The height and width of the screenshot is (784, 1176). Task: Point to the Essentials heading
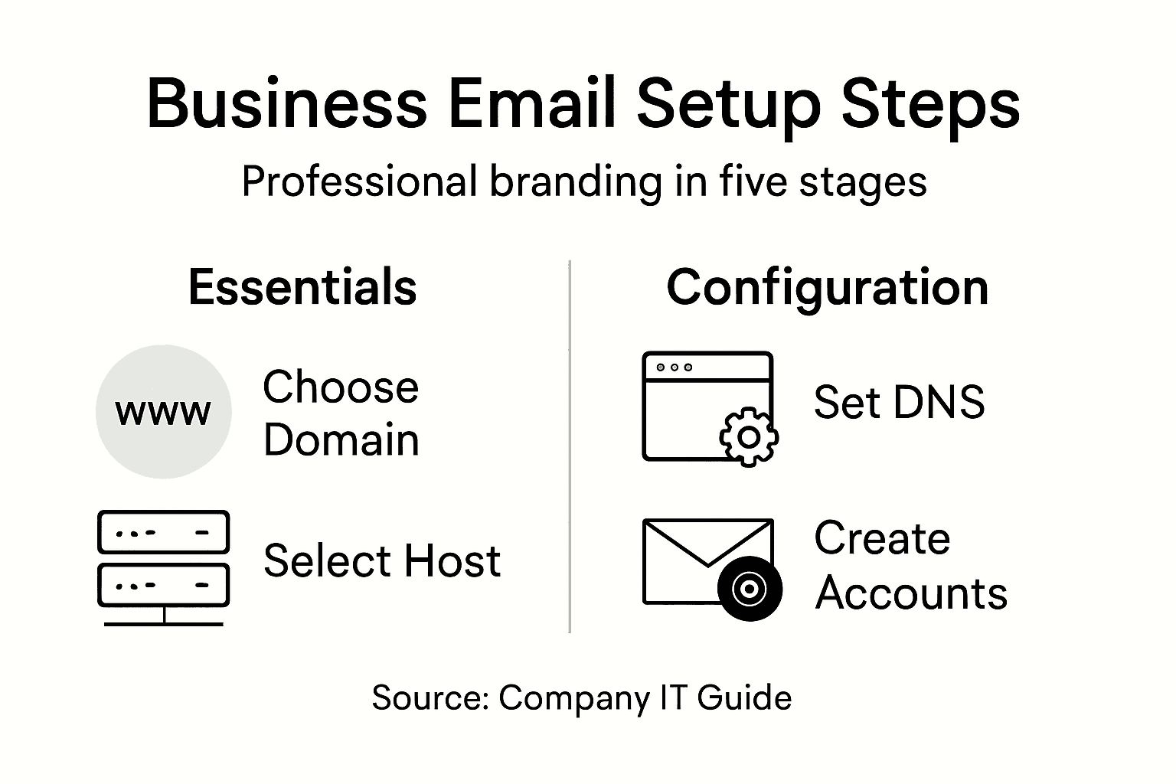coord(302,287)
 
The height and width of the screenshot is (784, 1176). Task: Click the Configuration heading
coord(827,287)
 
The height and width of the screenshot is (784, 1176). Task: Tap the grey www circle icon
coord(163,412)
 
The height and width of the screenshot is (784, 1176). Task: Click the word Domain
coord(341,440)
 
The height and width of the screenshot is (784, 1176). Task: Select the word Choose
coord(341,387)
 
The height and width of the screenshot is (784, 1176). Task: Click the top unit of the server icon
coord(163,532)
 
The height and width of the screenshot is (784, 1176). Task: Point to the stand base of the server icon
coord(163,623)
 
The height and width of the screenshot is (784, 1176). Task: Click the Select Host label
coord(381,560)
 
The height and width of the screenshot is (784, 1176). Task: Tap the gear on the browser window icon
coord(749,437)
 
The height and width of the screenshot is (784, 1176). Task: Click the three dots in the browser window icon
coord(674,367)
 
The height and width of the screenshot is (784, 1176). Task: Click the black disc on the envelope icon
coord(750,588)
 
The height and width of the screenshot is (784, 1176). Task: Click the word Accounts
coord(911,593)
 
